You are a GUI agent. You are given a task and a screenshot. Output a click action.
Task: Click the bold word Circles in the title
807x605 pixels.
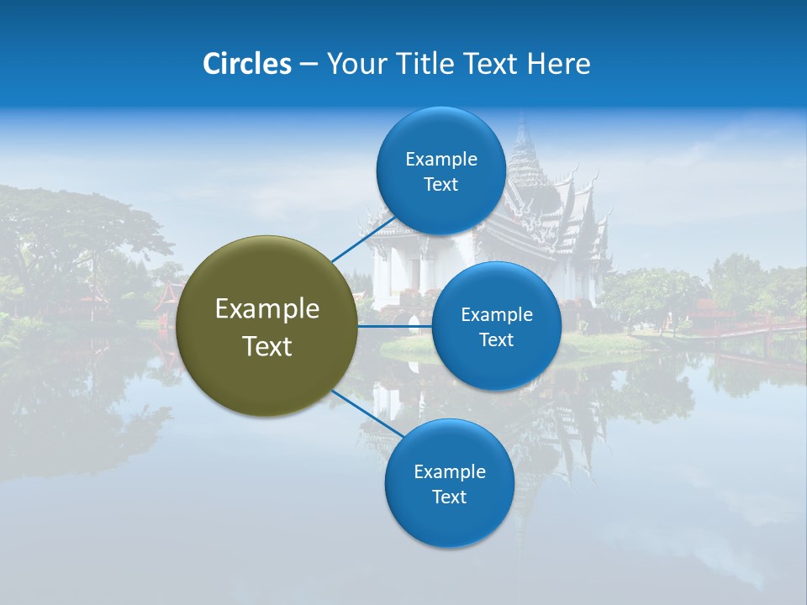(x=246, y=64)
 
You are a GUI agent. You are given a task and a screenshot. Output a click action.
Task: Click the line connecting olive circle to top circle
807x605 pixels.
(x=363, y=240)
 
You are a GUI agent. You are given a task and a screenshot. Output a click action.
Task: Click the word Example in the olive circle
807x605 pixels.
(x=267, y=309)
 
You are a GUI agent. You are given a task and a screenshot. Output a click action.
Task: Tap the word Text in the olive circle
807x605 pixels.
(x=267, y=346)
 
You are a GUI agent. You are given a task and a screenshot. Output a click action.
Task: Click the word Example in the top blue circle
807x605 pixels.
(x=440, y=160)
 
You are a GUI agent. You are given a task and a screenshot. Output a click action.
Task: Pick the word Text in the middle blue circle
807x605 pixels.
(x=496, y=340)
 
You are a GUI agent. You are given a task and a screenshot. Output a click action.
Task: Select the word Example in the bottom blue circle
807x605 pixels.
(x=449, y=472)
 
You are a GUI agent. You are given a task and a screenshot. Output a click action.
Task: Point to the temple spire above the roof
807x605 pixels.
(x=524, y=139)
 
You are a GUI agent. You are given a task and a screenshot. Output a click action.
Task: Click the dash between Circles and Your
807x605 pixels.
(x=309, y=65)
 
